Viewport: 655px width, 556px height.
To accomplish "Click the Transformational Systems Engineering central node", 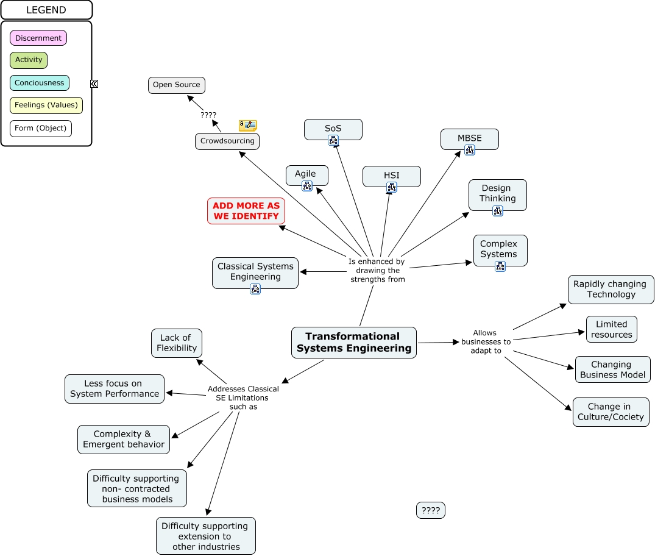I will pos(353,342).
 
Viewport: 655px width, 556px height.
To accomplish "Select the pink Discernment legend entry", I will pos(38,38).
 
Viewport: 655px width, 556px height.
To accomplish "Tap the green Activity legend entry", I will pos(29,60).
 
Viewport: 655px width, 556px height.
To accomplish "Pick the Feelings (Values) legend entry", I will pos(46,105).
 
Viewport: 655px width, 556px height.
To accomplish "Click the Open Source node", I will pos(176,85).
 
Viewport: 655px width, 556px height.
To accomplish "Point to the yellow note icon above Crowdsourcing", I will pos(247,126).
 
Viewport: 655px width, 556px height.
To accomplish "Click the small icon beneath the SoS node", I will pos(333,140).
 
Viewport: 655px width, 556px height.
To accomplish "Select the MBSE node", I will pos(469,138).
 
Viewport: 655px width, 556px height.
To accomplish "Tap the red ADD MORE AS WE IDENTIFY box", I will pos(246,211).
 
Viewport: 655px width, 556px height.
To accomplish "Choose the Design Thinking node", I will pos(497,193).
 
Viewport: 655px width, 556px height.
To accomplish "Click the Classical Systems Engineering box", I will pos(255,271).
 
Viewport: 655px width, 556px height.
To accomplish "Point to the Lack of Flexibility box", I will pos(176,343).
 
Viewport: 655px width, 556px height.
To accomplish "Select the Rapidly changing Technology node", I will pos(611,289).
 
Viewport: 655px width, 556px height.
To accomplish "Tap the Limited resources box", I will pos(611,329).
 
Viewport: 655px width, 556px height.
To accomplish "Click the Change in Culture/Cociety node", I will pos(611,412).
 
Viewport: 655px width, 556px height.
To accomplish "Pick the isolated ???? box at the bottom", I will pos(430,511).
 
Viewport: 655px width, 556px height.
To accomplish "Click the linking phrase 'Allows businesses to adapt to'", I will pos(486,342).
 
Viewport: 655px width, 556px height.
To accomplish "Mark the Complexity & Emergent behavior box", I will pos(124,439).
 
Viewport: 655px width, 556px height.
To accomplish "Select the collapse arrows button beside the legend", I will pos(94,84).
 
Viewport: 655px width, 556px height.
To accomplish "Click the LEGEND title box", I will pos(46,10).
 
